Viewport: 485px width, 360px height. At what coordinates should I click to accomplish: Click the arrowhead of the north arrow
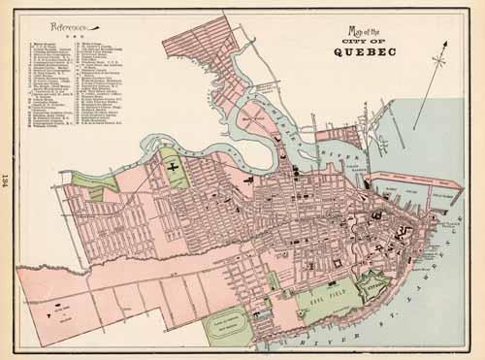[x=447, y=48]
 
